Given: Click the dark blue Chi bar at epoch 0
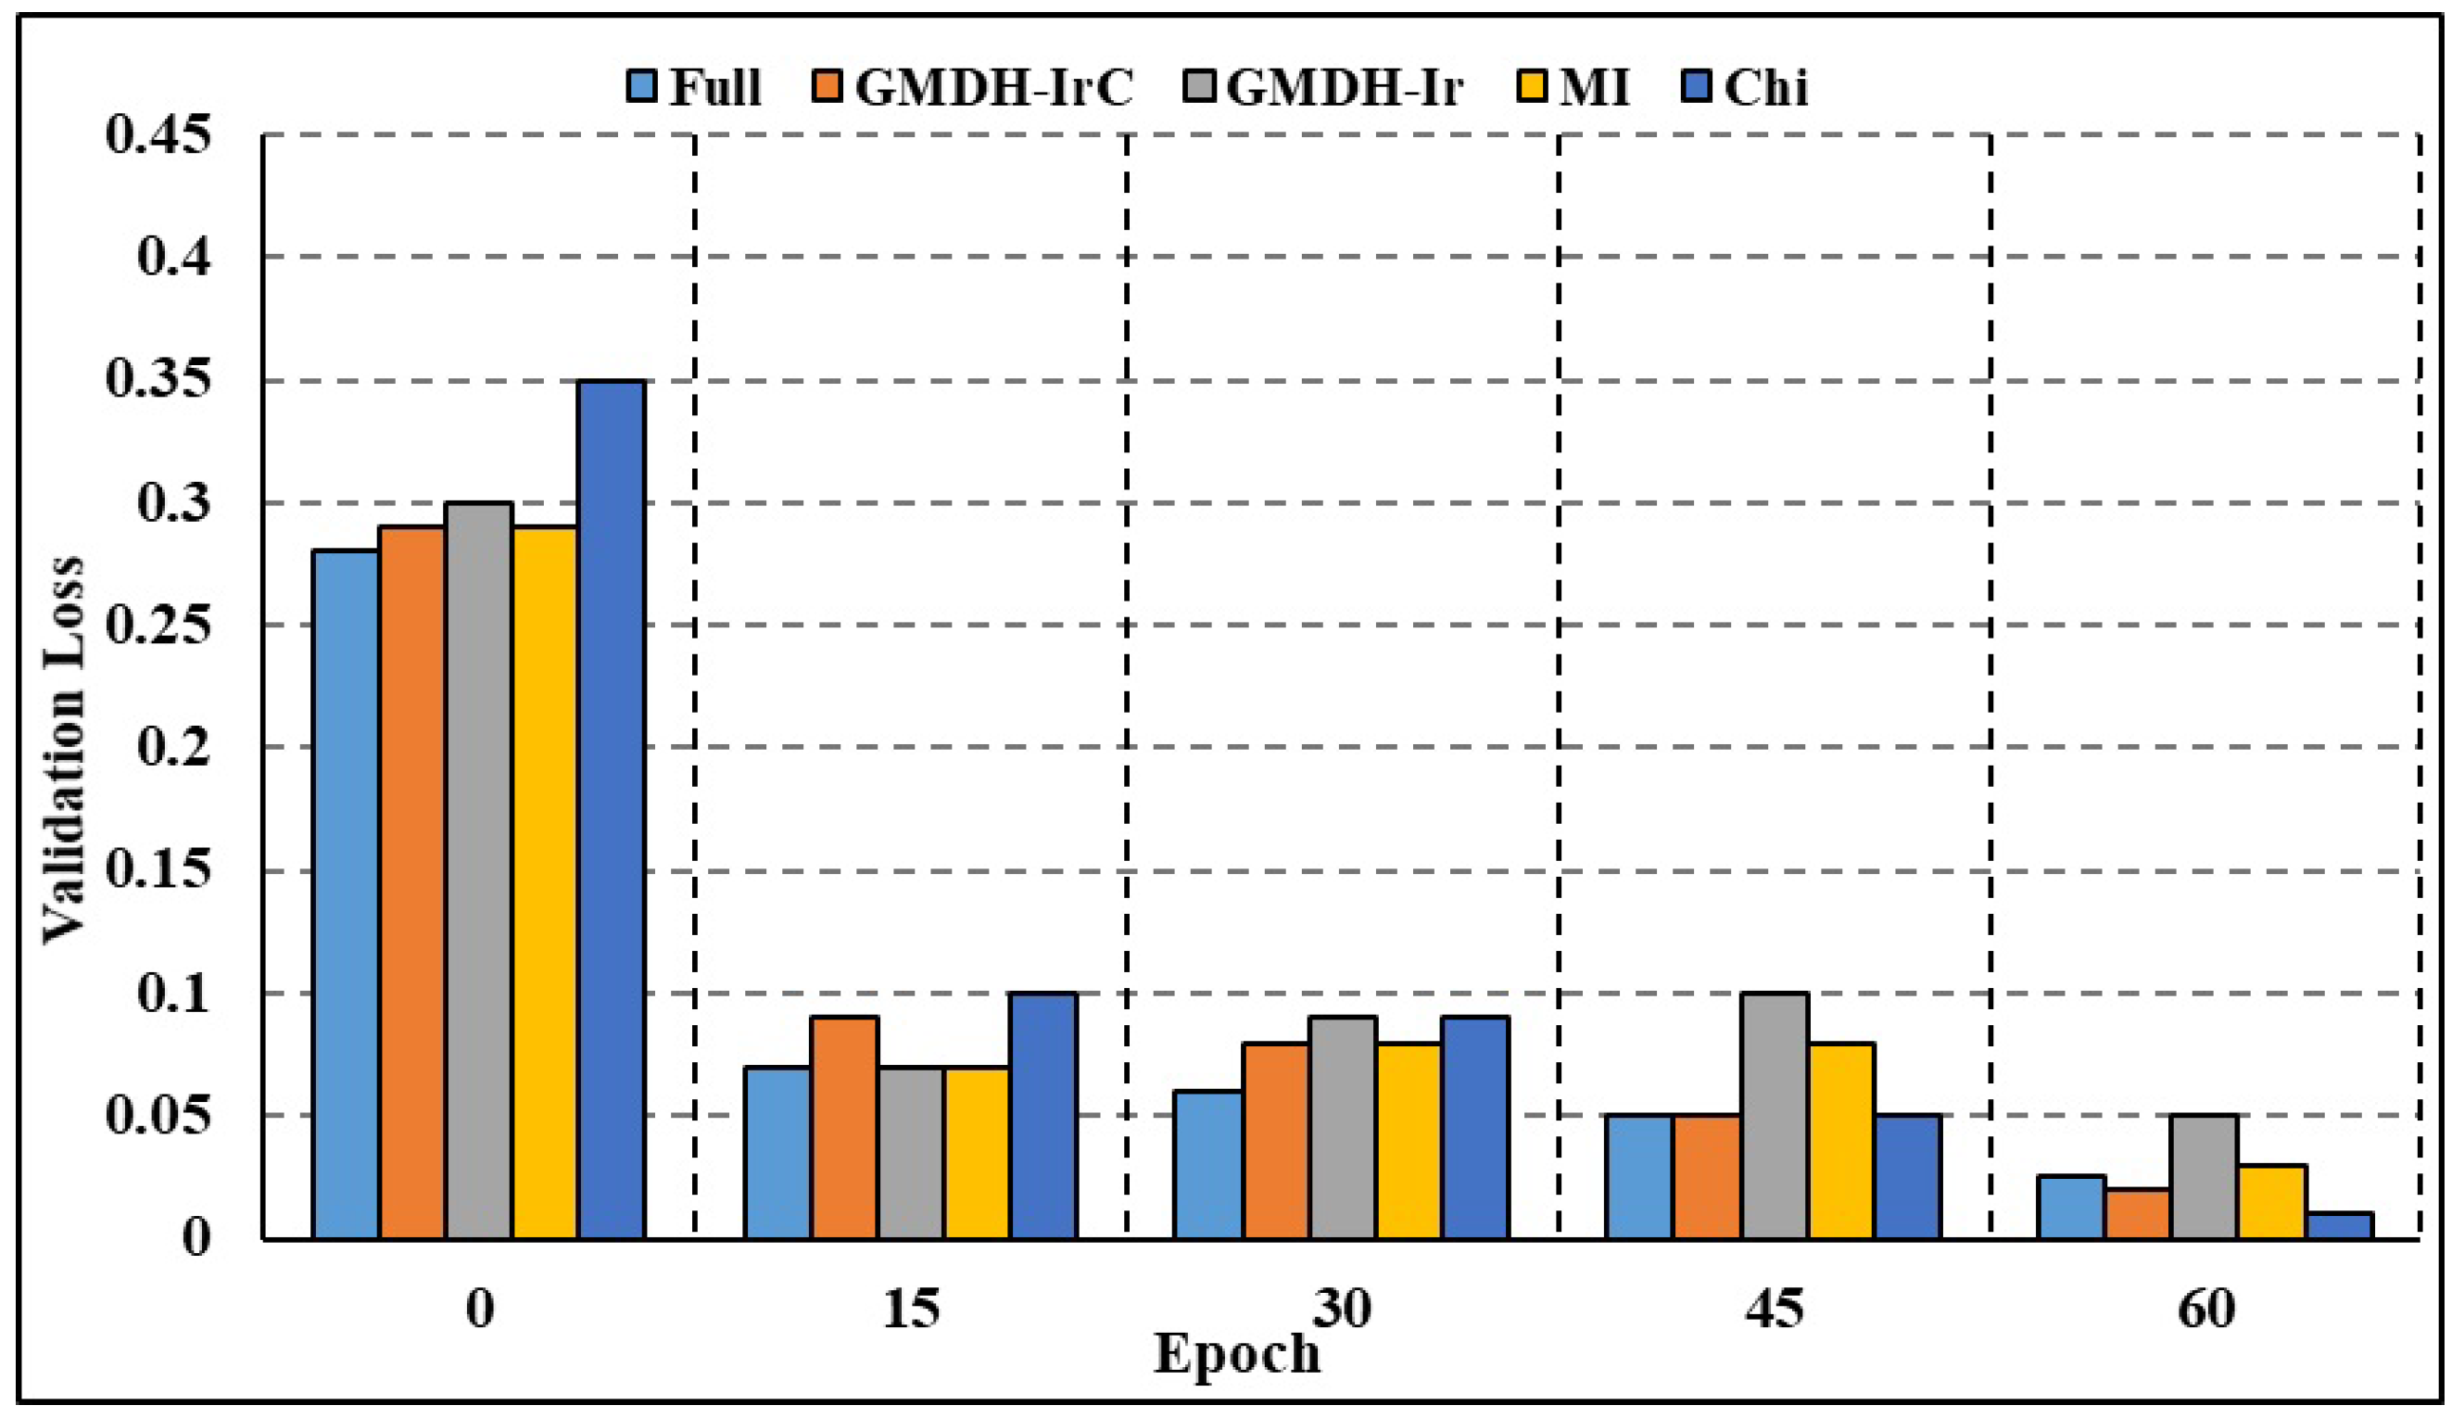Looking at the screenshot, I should pos(611,808).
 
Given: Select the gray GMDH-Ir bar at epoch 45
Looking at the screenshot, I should pos(1775,1116).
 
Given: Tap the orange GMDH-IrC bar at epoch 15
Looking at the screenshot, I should pos(844,1128).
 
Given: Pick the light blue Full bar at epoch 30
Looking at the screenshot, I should pos(1207,1165).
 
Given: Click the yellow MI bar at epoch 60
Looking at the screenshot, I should pos(2272,1202).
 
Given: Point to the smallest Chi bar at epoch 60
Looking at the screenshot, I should pos(2340,1226).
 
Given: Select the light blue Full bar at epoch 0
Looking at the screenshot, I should pos(346,894).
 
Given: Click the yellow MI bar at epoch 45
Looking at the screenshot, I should pos(1841,1141).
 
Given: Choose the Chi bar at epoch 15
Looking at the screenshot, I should pos(1042,1116).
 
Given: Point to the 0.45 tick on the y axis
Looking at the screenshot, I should pos(158,134).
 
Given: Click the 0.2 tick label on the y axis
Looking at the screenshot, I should pos(173,748).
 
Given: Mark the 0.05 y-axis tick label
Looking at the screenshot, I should pos(158,1115).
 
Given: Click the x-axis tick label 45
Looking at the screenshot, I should pos(1774,1308).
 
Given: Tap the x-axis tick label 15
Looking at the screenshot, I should pos(911,1308).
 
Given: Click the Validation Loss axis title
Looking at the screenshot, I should pos(64,750).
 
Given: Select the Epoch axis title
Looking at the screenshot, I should pos(1236,1354).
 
